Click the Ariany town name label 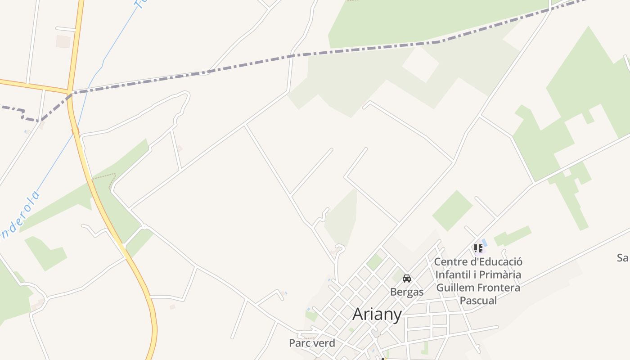tap(377, 314)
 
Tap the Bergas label tap(407, 292)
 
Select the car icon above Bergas tap(407, 279)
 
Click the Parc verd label tap(312, 343)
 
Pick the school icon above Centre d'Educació tap(478, 248)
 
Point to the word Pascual tap(478, 301)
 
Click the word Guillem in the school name tap(456, 288)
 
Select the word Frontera tap(499, 288)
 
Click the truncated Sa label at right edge tap(623, 258)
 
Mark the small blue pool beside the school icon tap(484, 243)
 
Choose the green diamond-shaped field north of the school tap(452, 210)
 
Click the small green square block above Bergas tap(374, 262)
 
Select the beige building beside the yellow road tap(63, 41)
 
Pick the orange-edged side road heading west tap(31, 85)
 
